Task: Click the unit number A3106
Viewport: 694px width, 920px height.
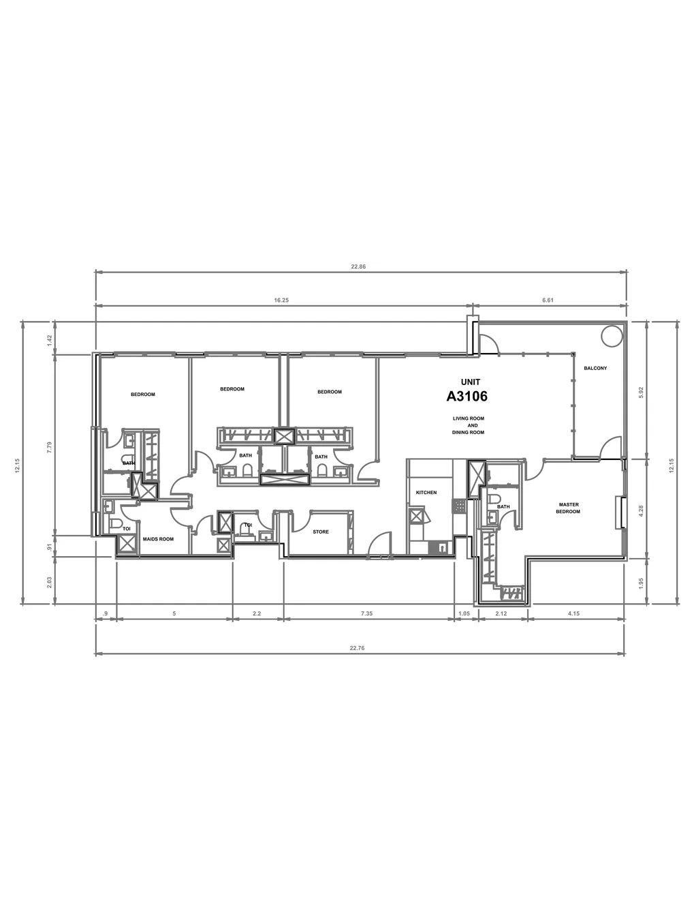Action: pos(467,396)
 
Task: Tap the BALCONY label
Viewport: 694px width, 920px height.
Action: pos(595,368)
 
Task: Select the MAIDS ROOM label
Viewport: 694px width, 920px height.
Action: pos(158,539)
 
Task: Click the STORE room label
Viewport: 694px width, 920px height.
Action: pos(320,532)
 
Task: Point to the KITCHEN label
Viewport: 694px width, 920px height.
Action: pos(426,493)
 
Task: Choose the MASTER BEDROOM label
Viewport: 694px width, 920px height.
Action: pos(569,508)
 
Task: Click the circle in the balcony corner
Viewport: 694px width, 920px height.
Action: pos(611,336)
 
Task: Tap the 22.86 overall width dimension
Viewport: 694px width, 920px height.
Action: pos(358,266)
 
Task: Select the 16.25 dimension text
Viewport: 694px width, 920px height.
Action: pos(281,300)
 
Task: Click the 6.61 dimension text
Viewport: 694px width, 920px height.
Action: pos(548,300)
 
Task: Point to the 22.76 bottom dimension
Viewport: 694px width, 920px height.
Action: pos(358,648)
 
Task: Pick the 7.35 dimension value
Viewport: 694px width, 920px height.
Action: pos(366,613)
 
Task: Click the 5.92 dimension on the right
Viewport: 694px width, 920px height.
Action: pos(641,393)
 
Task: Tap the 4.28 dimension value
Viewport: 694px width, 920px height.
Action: pos(641,511)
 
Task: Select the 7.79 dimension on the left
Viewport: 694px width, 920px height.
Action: pos(50,448)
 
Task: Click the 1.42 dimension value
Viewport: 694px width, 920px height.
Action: pos(50,340)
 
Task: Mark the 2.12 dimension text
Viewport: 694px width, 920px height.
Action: pos(501,613)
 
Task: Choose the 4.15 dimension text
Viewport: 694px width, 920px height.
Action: pos(573,613)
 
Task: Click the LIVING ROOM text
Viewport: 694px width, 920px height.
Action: pos(469,418)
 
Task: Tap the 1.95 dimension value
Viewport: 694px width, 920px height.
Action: pos(641,583)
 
